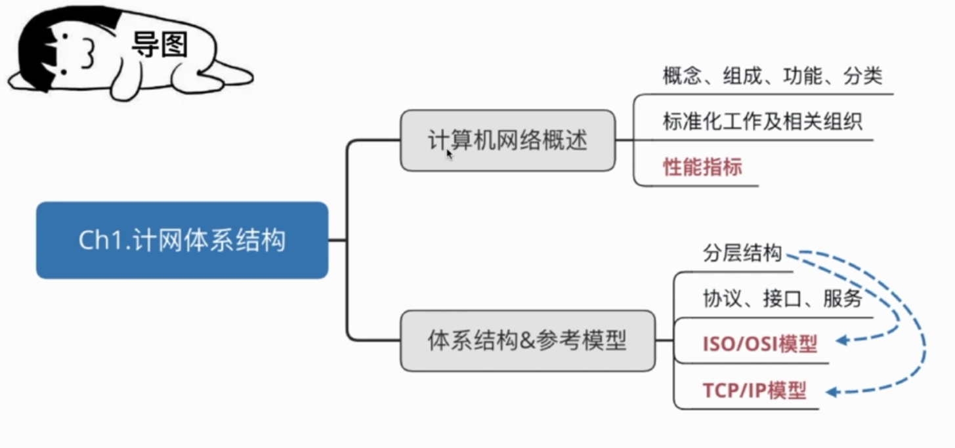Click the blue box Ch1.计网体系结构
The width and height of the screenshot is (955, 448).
tap(182, 241)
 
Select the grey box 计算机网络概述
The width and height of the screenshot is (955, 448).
tap(508, 140)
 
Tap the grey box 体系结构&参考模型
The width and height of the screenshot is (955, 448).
tap(528, 341)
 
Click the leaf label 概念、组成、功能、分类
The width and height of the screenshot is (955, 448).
tap(773, 76)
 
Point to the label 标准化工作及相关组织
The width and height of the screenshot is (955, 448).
tap(763, 121)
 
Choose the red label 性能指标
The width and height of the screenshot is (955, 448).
tap(702, 167)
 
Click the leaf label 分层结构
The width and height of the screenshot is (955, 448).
tap(742, 253)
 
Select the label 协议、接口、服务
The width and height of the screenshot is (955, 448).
tap(783, 298)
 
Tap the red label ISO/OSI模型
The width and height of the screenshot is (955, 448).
tap(760, 344)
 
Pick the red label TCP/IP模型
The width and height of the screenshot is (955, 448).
tap(755, 390)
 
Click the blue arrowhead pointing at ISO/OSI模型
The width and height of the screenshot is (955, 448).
tap(842, 340)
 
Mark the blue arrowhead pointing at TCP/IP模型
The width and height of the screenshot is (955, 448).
tap(832, 392)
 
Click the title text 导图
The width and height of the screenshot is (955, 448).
tap(159, 45)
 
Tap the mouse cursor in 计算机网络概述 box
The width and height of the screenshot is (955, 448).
tap(450, 154)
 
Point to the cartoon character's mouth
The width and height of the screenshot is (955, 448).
tap(88, 53)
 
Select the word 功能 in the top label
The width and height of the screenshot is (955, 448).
tap(803, 76)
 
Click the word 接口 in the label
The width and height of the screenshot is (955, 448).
tap(782, 298)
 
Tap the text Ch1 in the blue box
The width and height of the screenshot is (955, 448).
tap(102, 240)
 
